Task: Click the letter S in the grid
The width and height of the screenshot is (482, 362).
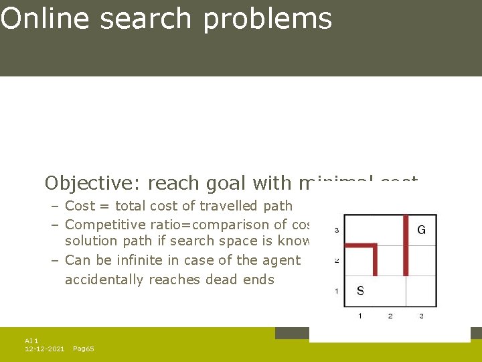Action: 360,291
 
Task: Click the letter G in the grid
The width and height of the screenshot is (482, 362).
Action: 421,230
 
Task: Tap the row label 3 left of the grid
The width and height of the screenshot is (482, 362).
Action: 335,230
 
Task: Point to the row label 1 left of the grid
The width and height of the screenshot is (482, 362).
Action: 335,291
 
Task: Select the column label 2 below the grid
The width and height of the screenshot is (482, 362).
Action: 390,315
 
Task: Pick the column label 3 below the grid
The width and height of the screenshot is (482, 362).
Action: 421,315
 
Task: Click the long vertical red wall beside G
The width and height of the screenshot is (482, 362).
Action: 406,245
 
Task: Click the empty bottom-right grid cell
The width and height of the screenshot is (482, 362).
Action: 421,291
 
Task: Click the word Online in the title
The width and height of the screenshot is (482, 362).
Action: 44,19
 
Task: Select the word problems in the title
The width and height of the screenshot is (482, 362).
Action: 268,19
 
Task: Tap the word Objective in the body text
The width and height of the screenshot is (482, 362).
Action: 92,183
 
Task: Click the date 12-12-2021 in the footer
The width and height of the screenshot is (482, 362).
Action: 44,349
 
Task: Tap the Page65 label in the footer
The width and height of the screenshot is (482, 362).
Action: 83,349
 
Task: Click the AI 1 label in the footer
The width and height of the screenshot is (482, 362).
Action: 31,341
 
